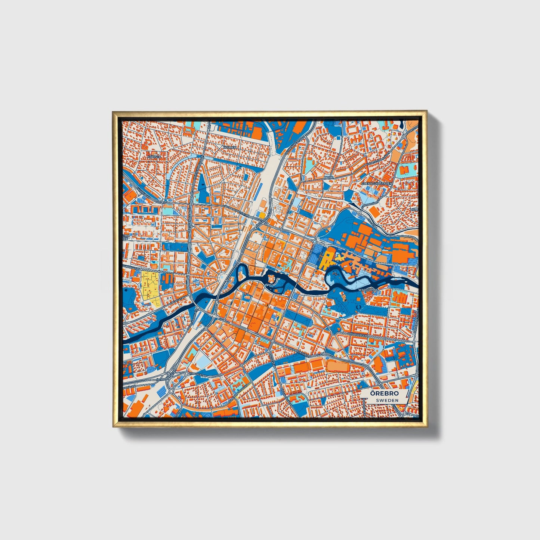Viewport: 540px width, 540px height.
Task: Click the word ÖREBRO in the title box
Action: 384,394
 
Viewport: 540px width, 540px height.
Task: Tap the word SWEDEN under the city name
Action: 387,400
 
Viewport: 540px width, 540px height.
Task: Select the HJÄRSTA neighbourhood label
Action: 154,157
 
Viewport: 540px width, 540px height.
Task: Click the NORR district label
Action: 328,177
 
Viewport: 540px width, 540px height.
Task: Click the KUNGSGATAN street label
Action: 198,373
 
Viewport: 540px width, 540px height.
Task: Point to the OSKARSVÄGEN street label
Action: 356,334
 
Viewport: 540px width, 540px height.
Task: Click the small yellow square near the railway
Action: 262,215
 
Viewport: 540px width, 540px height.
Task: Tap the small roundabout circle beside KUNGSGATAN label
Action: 186,373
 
